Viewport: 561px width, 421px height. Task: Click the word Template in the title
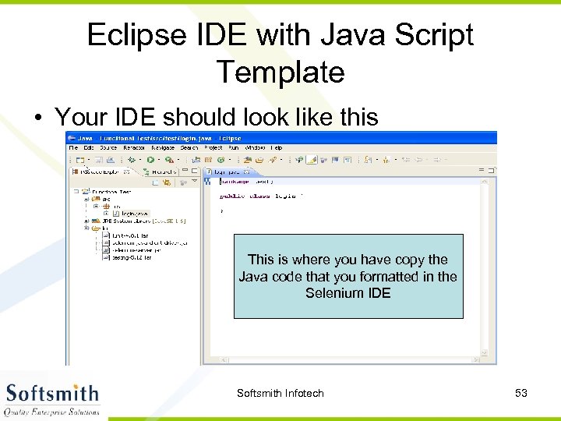pyautogui.click(x=280, y=73)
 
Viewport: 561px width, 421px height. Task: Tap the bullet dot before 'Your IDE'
pyautogui.click(x=38, y=118)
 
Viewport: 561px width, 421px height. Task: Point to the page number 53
pyautogui.click(x=521, y=393)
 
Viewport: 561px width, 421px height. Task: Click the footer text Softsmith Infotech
pyautogui.click(x=280, y=393)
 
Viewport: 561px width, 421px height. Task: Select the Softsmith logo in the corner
pyautogui.click(x=53, y=398)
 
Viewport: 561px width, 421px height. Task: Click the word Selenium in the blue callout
pyautogui.click(x=333, y=293)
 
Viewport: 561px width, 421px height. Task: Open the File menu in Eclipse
pyautogui.click(x=73, y=147)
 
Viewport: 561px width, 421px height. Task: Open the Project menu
pyautogui.click(x=213, y=147)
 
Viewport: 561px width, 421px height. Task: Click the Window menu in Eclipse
pyautogui.click(x=255, y=147)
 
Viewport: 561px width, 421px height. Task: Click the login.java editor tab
pyautogui.click(x=228, y=171)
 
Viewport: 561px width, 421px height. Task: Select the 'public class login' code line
pyautogui.click(x=257, y=196)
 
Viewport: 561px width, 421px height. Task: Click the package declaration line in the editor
pyautogui.click(x=245, y=181)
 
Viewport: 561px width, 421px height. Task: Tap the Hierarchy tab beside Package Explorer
pyautogui.click(x=164, y=171)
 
